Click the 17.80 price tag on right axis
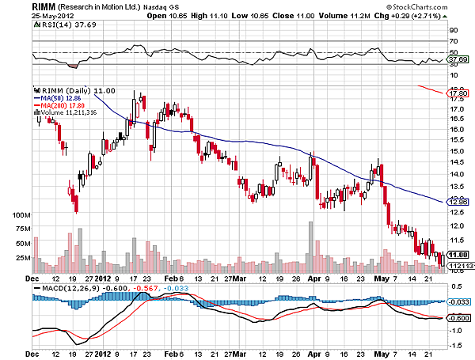[x=454, y=93]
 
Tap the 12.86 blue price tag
[x=454, y=202]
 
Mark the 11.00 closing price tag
[x=454, y=254]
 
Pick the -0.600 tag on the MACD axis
[x=455, y=318]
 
